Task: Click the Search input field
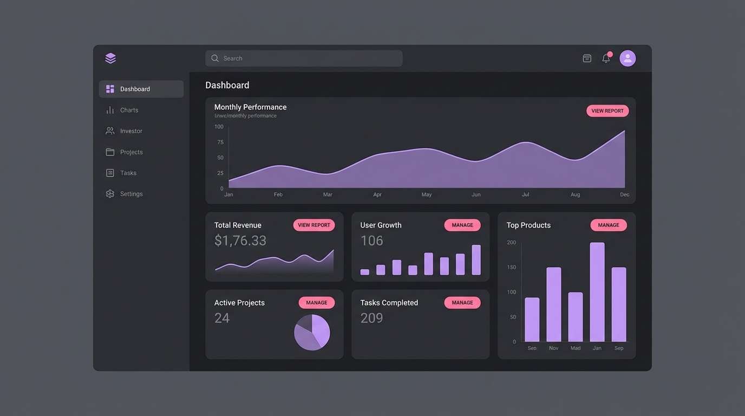tap(303, 58)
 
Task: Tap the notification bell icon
tap(606, 58)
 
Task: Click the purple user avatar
tap(628, 58)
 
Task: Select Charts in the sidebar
tap(129, 110)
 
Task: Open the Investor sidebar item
tap(131, 131)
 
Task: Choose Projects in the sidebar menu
tap(131, 152)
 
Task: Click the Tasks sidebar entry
tap(128, 173)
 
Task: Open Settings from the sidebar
tap(131, 194)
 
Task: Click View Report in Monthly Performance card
tap(607, 111)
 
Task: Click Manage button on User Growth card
tap(462, 225)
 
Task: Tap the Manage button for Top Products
tap(608, 225)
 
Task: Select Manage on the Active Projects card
tap(316, 303)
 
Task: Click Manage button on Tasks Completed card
tap(462, 303)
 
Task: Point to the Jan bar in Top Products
tap(597, 292)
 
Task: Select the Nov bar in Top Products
tap(553, 304)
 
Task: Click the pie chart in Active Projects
tap(312, 332)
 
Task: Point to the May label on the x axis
tap(427, 194)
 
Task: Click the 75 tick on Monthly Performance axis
tap(220, 142)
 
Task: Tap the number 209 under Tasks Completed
tap(371, 318)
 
